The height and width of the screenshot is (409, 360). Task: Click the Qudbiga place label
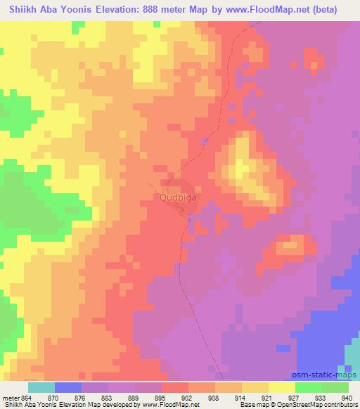pyautogui.click(x=179, y=198)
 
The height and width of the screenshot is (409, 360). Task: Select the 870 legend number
pyautogui.click(x=68, y=397)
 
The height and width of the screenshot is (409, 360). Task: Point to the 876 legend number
pyautogui.click(x=95, y=397)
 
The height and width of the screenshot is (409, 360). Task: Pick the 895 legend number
pyautogui.click(x=175, y=397)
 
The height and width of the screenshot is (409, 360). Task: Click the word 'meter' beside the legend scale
pyautogui.click(x=11, y=397)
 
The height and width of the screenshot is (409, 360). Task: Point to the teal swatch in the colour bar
pyautogui.click(x=41, y=387)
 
